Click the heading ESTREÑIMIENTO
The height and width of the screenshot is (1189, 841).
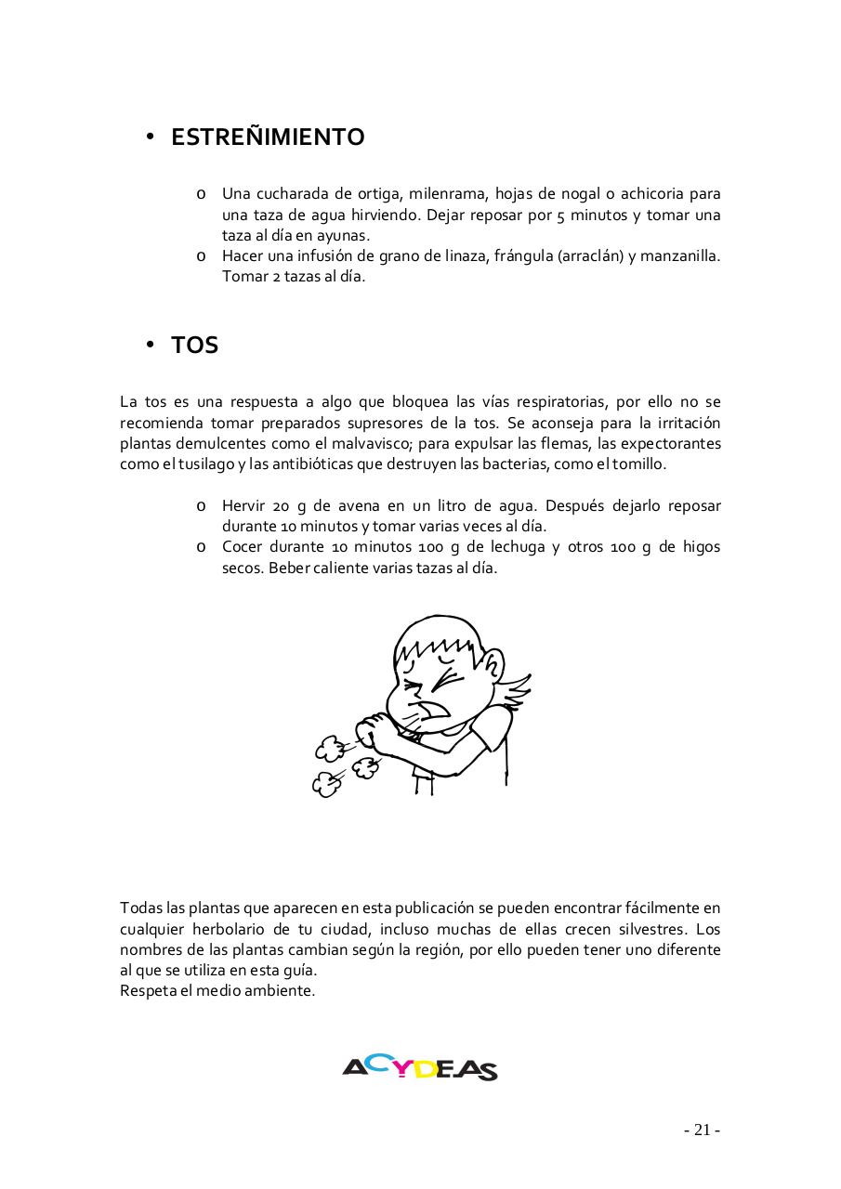(268, 137)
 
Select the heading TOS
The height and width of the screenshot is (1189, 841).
(194, 346)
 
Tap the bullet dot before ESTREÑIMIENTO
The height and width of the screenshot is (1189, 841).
(149, 137)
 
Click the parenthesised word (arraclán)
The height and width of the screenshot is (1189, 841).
(590, 255)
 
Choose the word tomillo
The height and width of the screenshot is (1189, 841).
(638, 464)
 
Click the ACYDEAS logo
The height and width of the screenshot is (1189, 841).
(420, 1068)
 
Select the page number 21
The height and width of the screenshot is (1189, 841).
(702, 1130)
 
